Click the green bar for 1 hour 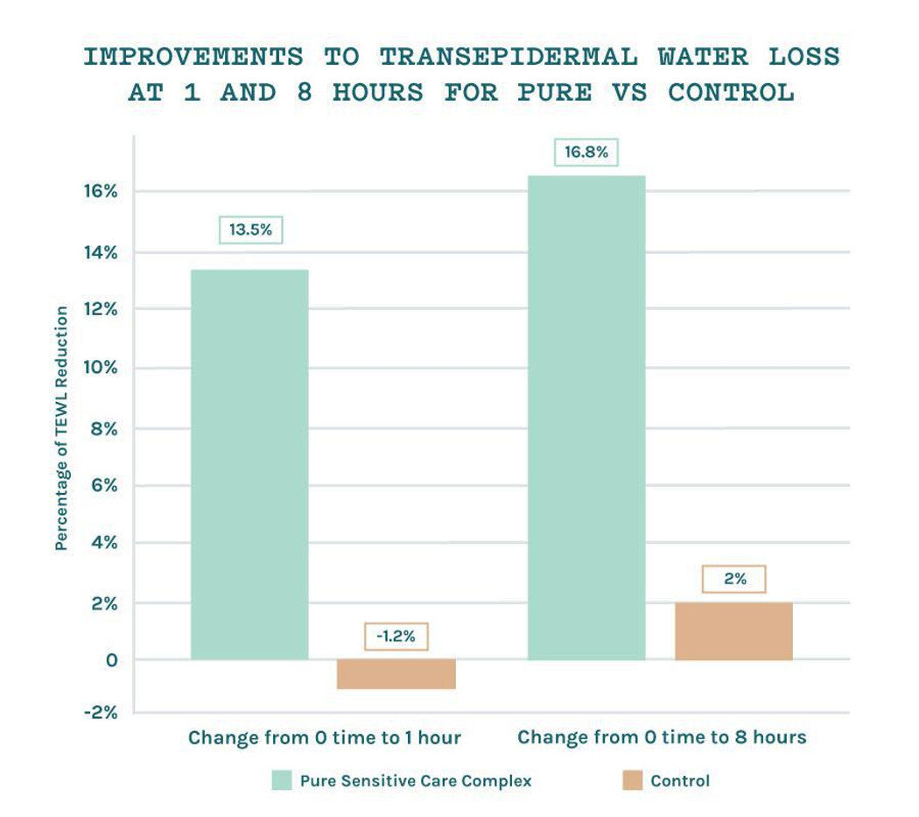pos(249,464)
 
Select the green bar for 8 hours pos(586,417)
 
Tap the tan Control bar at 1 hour pos(396,674)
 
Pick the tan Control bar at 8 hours pos(733,630)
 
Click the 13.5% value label pos(250,230)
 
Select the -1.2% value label pos(396,636)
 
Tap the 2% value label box pos(734,579)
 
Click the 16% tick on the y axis pos(100,191)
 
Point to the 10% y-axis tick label pos(100,368)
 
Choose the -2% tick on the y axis pos(100,712)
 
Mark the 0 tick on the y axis pos(111,659)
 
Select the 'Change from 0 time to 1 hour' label pos(324,737)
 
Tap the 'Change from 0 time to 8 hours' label pos(662,737)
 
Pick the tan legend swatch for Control pos(633,780)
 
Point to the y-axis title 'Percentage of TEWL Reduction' pos(61,428)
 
